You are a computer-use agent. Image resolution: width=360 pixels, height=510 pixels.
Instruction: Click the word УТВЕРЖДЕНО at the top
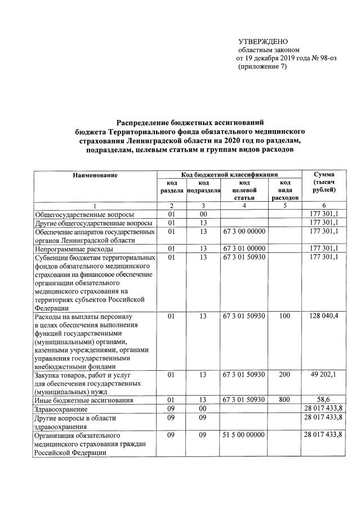click(263, 42)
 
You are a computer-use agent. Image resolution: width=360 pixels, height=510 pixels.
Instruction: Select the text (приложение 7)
click(263, 66)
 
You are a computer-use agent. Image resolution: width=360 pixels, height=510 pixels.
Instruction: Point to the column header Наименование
click(95, 175)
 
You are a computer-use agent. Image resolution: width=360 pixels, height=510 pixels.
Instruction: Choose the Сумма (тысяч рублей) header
click(325, 183)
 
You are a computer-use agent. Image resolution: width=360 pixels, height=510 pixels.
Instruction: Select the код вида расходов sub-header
click(285, 190)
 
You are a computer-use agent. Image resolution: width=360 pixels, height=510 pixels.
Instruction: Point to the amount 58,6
click(328, 400)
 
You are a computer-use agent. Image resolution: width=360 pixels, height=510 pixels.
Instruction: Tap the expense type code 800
click(285, 400)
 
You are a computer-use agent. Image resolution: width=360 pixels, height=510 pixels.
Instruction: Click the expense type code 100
click(285, 317)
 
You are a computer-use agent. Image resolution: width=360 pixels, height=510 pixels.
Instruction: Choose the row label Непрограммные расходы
click(74, 249)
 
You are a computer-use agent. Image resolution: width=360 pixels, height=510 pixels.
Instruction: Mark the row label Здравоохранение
click(61, 409)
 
